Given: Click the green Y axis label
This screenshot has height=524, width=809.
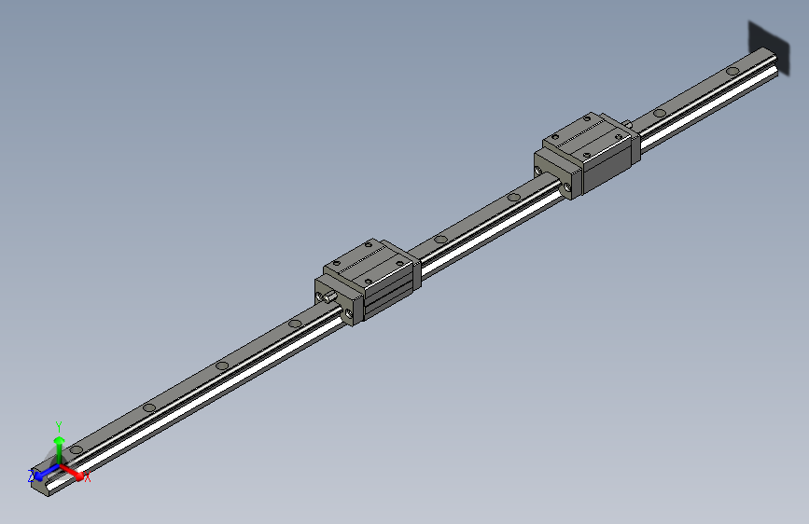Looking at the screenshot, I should (59, 425).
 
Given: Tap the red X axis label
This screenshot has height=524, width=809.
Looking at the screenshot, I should (88, 477).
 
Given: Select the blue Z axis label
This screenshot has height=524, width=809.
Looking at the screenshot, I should (31, 476).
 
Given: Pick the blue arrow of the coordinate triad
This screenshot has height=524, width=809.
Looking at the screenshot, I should (43, 472).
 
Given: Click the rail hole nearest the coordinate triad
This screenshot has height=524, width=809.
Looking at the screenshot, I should (76, 449).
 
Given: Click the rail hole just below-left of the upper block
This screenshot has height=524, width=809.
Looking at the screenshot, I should (512, 197).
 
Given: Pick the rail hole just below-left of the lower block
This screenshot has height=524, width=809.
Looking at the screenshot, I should (295, 324).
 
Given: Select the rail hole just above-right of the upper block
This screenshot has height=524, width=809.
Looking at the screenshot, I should (660, 113).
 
